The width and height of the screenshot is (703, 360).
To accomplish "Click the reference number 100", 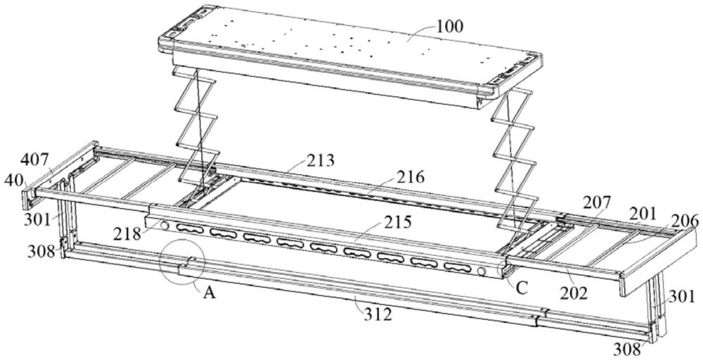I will (449, 27).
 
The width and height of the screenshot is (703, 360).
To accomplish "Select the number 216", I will (410, 178).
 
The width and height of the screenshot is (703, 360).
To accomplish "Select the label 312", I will (378, 316).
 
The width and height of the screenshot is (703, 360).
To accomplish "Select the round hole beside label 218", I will (165, 226).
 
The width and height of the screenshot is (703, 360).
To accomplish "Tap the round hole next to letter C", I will (481, 271).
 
